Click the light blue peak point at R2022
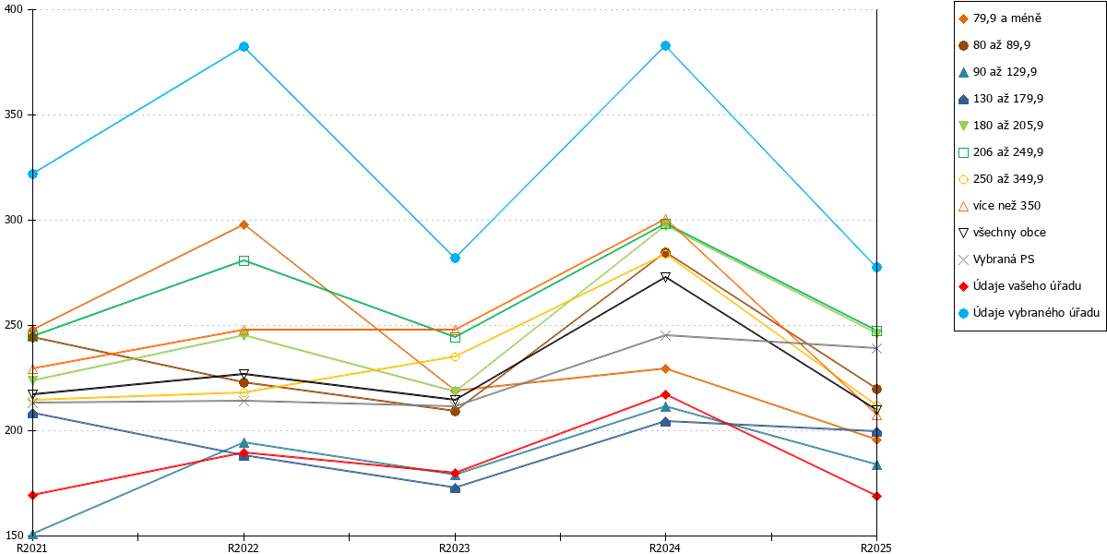click(x=244, y=47)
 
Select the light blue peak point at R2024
click(x=666, y=46)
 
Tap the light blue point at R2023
click(x=455, y=259)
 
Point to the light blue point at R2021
click(x=33, y=175)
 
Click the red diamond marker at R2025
click(x=876, y=496)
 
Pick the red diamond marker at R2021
click(x=33, y=495)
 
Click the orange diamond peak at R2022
click(x=244, y=225)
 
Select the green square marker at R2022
click(x=244, y=261)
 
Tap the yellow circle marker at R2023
click(x=455, y=356)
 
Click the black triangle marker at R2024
click(x=666, y=278)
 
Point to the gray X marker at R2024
click(x=666, y=336)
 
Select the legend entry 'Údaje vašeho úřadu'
click(x=1020, y=286)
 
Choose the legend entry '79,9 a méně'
click(x=1000, y=18)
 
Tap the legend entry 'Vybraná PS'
click(x=996, y=259)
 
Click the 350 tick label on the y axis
click(x=13, y=114)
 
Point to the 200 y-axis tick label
click(x=13, y=430)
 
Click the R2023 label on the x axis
click(x=455, y=548)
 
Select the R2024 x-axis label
click(x=665, y=548)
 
